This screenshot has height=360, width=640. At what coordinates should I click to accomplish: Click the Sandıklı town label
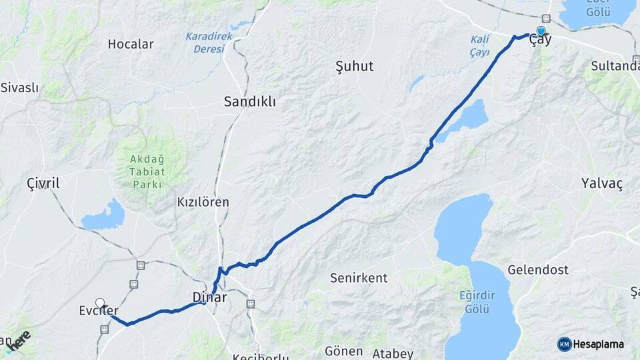[x=250, y=102]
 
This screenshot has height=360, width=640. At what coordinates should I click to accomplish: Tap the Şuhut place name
[x=354, y=66]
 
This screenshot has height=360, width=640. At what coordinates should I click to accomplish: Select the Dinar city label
[x=210, y=297]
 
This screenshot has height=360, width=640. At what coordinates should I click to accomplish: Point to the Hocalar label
[x=131, y=45]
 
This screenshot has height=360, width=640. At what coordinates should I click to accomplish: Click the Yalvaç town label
[x=601, y=183]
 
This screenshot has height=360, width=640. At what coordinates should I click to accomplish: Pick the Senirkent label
[x=359, y=278]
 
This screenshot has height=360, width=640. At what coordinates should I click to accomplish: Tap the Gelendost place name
[x=538, y=270]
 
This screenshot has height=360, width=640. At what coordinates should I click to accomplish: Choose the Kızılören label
[x=203, y=201]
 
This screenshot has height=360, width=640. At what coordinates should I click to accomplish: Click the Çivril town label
[x=43, y=183]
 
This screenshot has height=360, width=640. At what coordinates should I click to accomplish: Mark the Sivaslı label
[x=20, y=87]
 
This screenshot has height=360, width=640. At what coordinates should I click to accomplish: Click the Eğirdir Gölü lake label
[x=474, y=301]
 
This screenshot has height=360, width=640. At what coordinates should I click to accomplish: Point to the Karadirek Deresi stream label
[x=209, y=42]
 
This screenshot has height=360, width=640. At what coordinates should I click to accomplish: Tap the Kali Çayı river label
[x=480, y=47]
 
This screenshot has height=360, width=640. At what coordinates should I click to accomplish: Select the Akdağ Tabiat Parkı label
[x=143, y=171]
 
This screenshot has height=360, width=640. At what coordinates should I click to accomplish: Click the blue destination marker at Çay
[x=540, y=31]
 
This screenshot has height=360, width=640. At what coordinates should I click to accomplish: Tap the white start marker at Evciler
[x=100, y=303]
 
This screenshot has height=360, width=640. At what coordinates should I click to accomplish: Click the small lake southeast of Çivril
[x=103, y=216]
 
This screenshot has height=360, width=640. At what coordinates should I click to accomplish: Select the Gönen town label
[x=343, y=351]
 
